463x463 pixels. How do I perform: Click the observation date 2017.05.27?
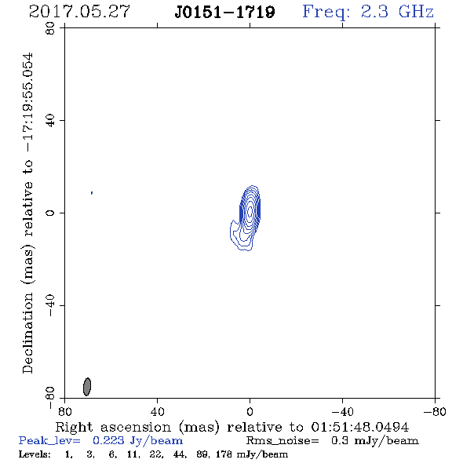point(79,12)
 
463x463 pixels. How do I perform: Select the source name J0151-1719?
point(224,13)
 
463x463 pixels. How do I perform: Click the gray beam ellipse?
point(87,387)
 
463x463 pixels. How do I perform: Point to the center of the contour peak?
point(250,211)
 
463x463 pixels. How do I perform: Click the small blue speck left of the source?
point(92,193)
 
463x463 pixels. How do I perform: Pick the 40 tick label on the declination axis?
point(50,121)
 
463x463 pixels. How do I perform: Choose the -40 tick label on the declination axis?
point(50,305)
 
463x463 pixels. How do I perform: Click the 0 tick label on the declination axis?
point(50,213)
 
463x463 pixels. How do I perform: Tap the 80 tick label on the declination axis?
point(50,28)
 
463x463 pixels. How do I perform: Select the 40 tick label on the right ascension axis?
point(158,412)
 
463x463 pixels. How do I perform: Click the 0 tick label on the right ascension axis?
point(250,412)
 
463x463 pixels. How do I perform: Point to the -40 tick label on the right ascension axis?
point(342,412)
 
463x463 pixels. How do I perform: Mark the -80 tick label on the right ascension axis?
point(435,412)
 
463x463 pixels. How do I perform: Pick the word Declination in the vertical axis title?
point(27,333)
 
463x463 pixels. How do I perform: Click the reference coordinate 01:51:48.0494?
point(360,427)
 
